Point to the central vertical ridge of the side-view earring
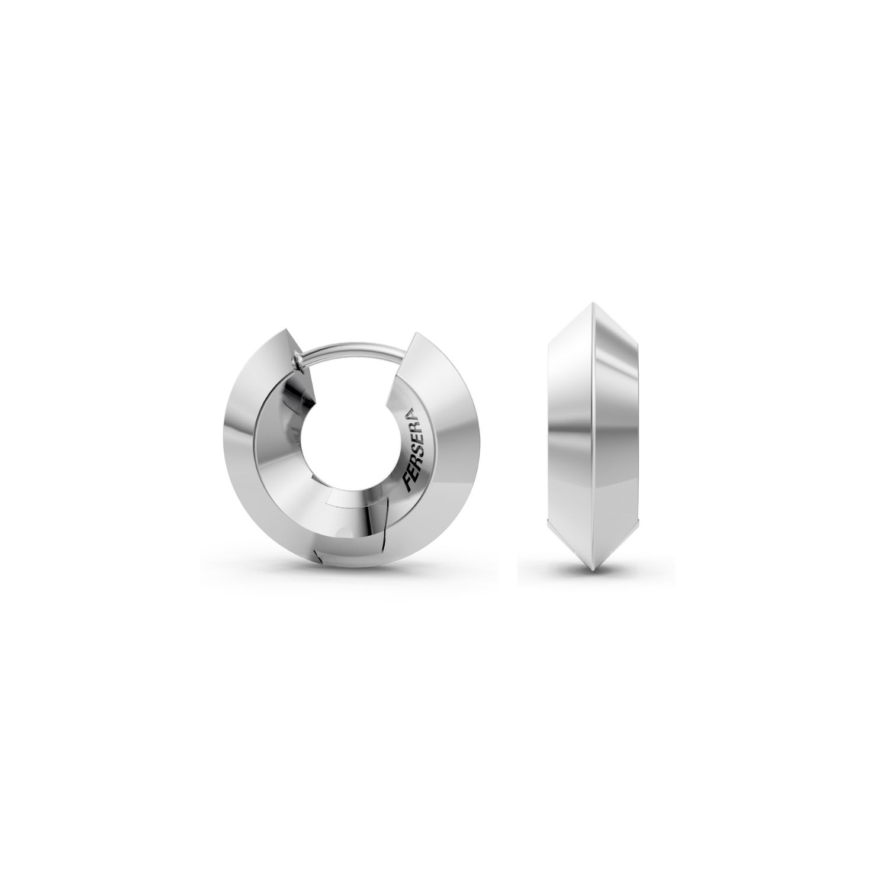coord(593,438)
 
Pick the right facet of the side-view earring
coord(619,438)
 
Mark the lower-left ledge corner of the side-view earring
coord(551,526)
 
